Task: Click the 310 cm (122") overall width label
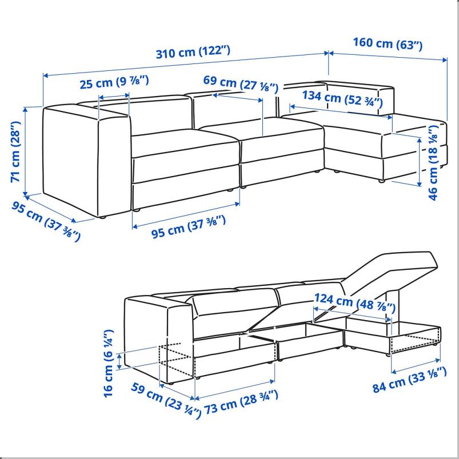[x=193, y=52]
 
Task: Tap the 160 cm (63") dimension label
[x=388, y=43]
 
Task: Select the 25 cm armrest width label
[x=114, y=82]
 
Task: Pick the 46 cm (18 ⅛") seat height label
[x=433, y=162]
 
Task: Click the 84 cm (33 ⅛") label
[x=409, y=380]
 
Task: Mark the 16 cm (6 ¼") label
[x=109, y=363]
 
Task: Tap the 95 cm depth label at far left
[x=46, y=222]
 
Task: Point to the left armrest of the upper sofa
[x=86, y=161]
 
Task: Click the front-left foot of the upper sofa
[x=102, y=218]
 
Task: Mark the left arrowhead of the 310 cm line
[x=45, y=75]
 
